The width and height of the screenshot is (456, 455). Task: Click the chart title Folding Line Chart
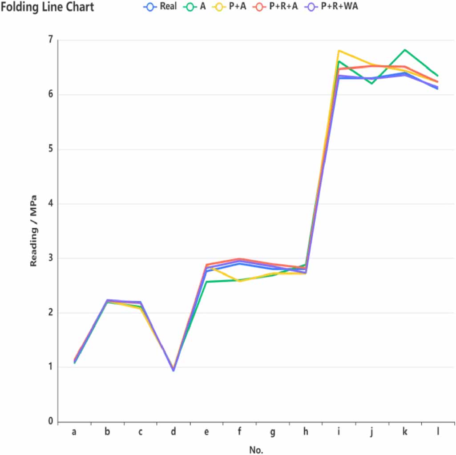tap(47, 8)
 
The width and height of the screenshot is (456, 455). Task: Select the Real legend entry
tap(163, 7)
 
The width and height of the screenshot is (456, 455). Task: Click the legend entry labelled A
tap(196, 7)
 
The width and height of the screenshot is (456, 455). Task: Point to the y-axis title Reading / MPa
tap(33, 231)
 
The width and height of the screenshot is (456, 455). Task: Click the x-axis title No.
tap(256, 450)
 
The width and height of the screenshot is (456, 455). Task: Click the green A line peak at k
tap(405, 50)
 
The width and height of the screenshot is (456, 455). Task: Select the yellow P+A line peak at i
tap(339, 51)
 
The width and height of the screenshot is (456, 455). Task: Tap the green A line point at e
tap(206, 282)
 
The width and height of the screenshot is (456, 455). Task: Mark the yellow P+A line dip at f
tap(240, 281)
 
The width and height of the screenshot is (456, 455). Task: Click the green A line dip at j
tap(372, 84)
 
